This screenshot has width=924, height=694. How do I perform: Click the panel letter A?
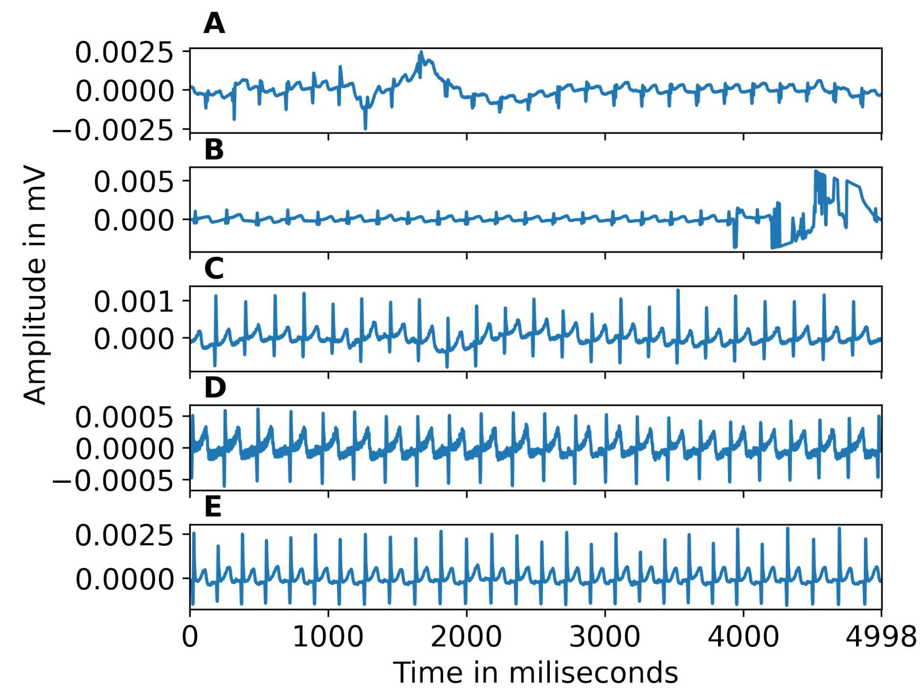tap(214, 23)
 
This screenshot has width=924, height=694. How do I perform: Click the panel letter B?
tap(214, 150)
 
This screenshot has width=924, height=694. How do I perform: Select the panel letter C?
tap(214, 269)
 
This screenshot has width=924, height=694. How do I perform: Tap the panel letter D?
tap(215, 388)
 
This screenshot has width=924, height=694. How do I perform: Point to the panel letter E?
tap(213, 507)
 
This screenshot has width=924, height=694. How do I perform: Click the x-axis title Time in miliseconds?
tap(536, 672)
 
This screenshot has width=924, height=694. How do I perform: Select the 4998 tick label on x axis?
tap(880, 637)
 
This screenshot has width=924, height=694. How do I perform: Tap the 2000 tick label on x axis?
tap(466, 637)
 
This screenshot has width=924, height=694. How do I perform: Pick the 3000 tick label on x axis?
tap(605, 637)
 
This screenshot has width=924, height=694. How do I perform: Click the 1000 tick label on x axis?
tap(328, 637)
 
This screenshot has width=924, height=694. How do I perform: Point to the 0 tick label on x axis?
tap(190, 637)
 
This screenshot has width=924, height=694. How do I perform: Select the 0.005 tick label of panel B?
tap(134, 182)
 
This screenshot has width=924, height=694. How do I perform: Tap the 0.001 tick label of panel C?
tap(134, 301)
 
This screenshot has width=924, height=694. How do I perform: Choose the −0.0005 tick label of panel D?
tap(113, 481)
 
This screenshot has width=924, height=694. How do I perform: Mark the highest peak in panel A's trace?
tap(421, 52)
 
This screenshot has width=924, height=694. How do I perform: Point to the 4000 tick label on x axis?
tap(743, 637)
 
